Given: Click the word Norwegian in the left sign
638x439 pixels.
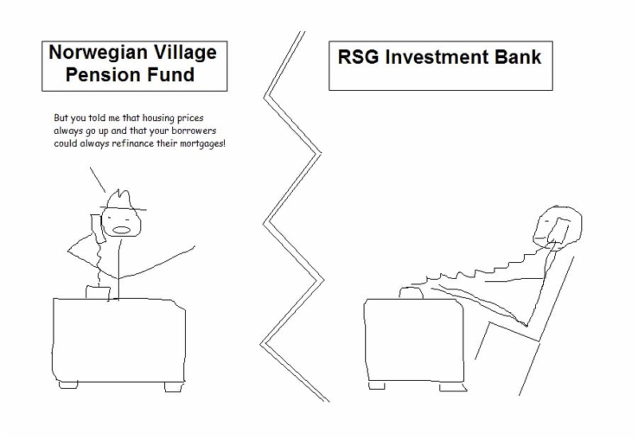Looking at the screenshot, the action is (97, 53).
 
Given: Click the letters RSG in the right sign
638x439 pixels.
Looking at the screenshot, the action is (358, 57).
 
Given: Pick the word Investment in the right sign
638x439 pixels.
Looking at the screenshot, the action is (436, 57).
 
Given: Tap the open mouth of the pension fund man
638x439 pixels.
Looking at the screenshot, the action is (121, 229).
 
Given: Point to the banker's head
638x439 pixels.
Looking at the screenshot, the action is (557, 227).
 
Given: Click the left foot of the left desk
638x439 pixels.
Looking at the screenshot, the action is (69, 385).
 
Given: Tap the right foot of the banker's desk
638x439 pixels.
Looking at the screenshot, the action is (453, 387).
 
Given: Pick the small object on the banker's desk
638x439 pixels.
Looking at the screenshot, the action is (411, 292).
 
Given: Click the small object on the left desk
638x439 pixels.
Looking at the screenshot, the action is (97, 292).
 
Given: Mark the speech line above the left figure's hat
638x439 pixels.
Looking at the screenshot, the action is (97, 180).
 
